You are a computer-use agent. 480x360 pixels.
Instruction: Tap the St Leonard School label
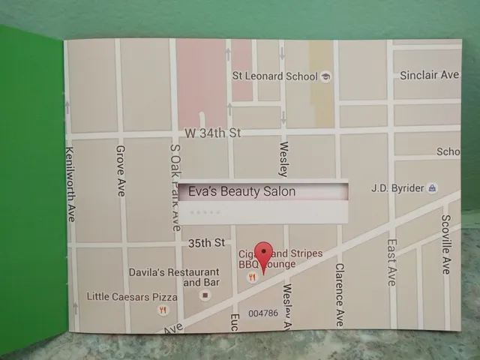pos(274,76)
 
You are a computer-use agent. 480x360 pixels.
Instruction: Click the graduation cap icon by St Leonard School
pos(325,76)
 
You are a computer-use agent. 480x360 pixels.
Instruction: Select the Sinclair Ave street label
pos(429,75)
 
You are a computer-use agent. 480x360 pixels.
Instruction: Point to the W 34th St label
pos(212,133)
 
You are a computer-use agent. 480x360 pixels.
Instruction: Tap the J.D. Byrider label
pos(397,188)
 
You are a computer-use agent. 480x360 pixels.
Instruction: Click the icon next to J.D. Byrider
pos(433,188)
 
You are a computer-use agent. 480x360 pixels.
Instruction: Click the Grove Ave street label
pos(121,170)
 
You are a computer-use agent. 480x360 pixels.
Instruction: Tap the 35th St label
pos(206,243)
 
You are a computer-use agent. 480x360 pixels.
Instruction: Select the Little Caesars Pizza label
pos(132,295)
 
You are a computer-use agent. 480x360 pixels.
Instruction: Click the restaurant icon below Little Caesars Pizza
pos(162,309)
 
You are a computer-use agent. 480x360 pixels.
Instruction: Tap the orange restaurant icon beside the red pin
pos(253,277)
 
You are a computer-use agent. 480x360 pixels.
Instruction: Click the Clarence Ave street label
pos(339,289)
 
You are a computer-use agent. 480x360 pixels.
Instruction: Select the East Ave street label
pos(391,262)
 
